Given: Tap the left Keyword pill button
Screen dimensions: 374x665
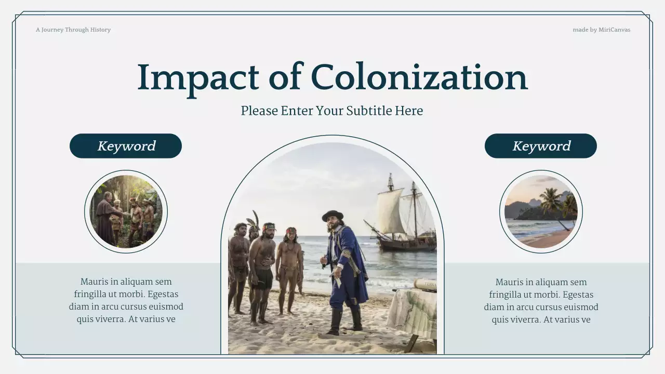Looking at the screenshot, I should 126,146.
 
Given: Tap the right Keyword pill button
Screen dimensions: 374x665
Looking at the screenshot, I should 541,146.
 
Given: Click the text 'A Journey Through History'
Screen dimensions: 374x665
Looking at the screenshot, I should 73,30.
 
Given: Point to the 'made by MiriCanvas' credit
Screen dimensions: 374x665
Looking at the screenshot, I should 601,30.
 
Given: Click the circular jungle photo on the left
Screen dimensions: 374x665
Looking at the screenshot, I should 126,211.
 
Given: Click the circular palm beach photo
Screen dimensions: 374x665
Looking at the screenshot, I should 541,211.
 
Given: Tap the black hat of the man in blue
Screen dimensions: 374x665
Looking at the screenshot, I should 332,215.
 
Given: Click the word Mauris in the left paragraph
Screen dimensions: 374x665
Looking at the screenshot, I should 95,282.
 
